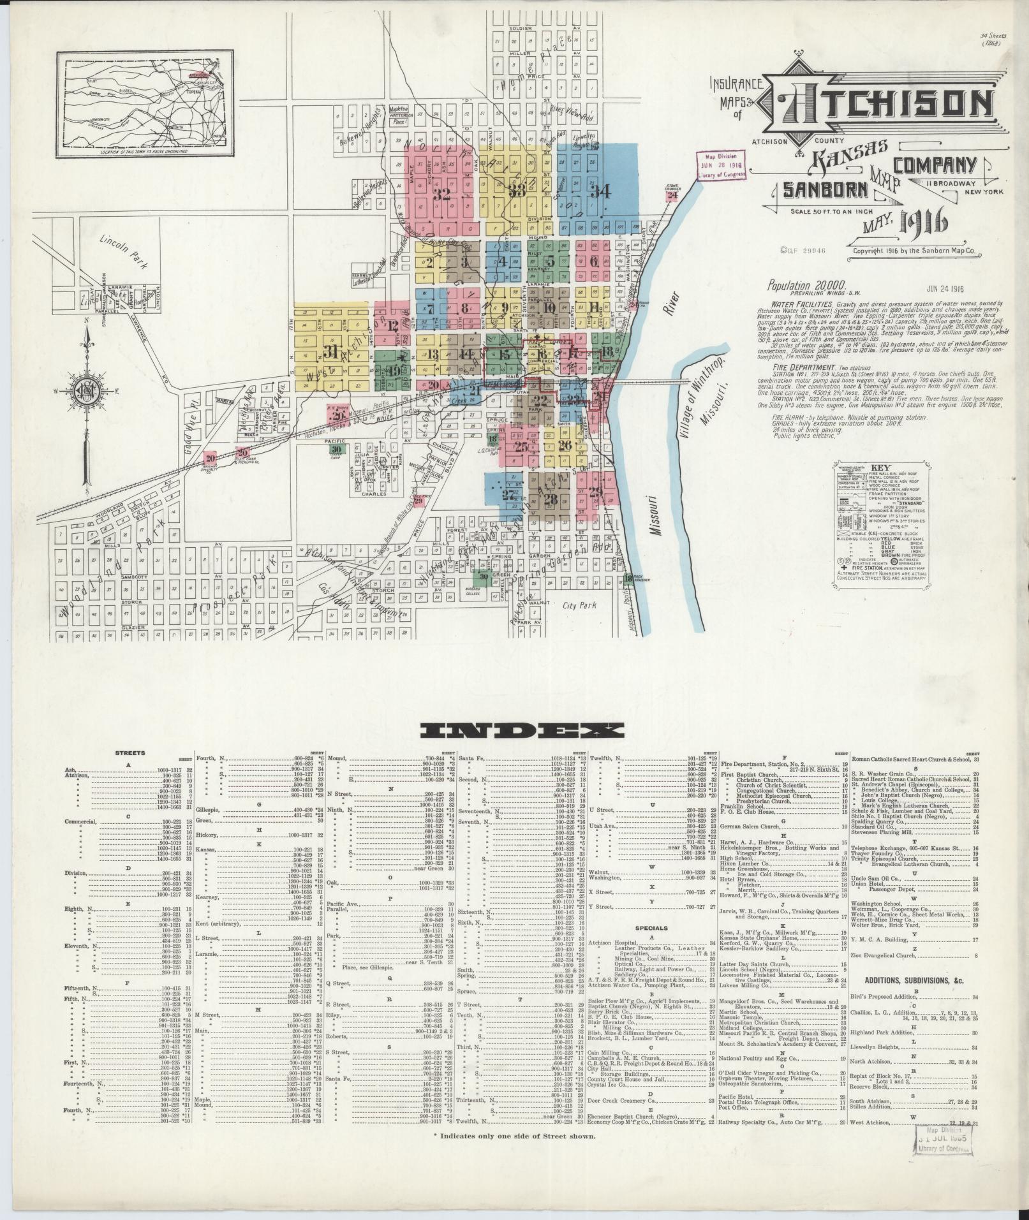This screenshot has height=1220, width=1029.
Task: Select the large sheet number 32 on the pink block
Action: coord(441,195)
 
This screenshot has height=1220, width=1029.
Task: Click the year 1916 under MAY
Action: coord(923,223)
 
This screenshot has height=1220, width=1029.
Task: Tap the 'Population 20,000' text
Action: coord(807,286)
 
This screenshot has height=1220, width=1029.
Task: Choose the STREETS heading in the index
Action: coord(130,753)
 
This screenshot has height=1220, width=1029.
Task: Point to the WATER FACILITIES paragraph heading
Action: coord(793,305)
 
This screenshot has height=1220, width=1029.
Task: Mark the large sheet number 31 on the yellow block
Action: coord(330,352)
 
